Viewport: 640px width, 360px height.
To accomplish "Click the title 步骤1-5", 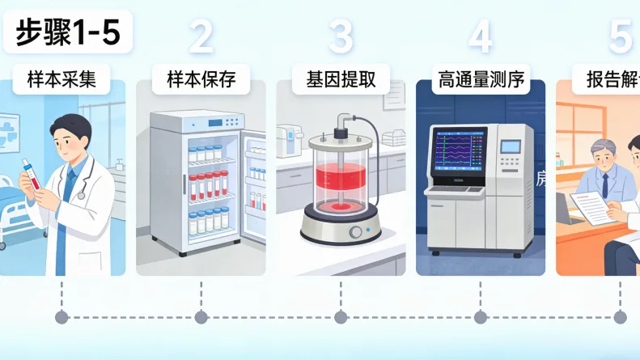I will click(x=67, y=33).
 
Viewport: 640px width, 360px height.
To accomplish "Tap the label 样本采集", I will click(x=61, y=80).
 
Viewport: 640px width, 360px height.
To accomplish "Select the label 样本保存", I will click(x=201, y=80).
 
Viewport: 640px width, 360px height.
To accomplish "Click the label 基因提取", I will click(x=341, y=80).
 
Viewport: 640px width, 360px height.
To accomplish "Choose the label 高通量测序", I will click(x=481, y=80).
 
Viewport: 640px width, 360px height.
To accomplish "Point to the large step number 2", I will click(x=201, y=36).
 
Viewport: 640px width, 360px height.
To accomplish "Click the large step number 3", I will click(x=341, y=36).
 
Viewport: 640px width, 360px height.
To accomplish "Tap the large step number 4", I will click(x=481, y=36).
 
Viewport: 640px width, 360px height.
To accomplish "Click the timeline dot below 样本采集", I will click(x=61, y=316).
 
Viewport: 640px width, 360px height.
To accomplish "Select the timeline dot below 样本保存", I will click(x=201, y=316).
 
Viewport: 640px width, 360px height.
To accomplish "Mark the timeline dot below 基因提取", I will click(x=341, y=316).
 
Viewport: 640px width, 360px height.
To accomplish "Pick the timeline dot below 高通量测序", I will click(x=481, y=316).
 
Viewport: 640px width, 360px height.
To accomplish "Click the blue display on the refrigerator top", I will click(x=215, y=124).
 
